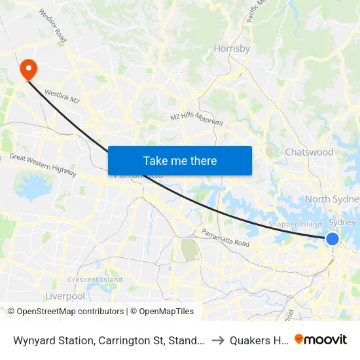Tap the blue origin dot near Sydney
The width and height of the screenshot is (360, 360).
pyautogui.click(x=333, y=239)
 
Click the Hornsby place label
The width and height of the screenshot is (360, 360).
pyautogui.click(x=232, y=48)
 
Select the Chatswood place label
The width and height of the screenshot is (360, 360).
pyautogui.click(x=309, y=152)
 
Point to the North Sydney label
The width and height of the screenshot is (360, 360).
pyautogui.click(x=333, y=199)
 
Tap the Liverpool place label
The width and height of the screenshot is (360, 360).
pyautogui.click(x=65, y=296)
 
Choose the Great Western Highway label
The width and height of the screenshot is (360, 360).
pyautogui.click(x=44, y=166)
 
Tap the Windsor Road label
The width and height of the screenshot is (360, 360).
pyautogui.click(x=53, y=25)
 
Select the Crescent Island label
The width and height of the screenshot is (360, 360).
pyautogui.click(x=95, y=279)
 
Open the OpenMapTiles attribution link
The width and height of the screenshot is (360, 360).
pyautogui.click(x=164, y=312)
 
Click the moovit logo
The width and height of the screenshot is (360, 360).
pyautogui.click(x=321, y=339)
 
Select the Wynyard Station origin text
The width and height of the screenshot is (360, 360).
pyautogui.click(x=109, y=340)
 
